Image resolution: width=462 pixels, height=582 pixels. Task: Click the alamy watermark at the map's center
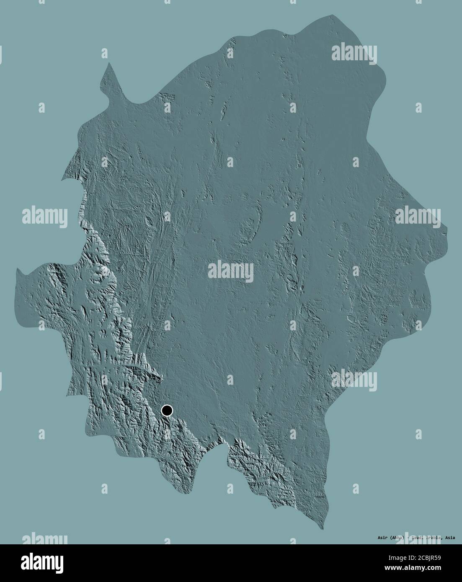pyautogui.click(x=231, y=270)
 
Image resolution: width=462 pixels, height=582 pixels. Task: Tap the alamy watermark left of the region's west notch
pyautogui.click(x=44, y=216)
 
